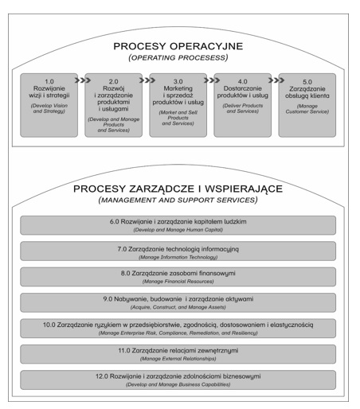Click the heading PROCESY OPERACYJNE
point(178,46)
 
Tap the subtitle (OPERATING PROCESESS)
point(178,57)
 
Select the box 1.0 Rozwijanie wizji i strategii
point(49,105)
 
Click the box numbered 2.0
point(114,105)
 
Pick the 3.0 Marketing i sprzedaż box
point(178,105)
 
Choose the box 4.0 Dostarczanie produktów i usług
point(243,105)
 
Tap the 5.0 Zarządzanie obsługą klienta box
point(307,105)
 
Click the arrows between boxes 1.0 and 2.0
point(83,80)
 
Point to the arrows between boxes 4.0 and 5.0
point(276,80)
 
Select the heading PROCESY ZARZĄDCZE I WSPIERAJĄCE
point(178,189)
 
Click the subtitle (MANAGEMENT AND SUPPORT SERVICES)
point(178,200)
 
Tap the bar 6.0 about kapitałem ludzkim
point(178,225)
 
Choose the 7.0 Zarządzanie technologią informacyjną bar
point(178,251)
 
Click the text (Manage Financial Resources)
point(178,282)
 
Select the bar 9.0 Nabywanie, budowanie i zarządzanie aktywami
point(178,302)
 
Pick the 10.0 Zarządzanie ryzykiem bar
point(178,329)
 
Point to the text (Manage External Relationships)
point(178,359)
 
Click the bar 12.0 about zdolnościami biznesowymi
point(178,380)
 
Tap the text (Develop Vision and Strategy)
point(49,108)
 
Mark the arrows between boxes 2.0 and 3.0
point(147,80)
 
